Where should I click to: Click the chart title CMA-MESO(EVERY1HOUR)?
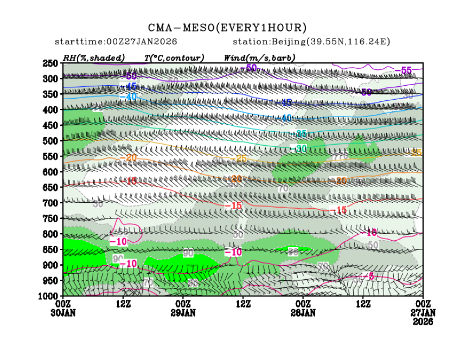227,28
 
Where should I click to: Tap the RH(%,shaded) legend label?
94,57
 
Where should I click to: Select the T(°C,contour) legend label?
174,57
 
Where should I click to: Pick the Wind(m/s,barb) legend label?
259,57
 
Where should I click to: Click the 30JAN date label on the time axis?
63,313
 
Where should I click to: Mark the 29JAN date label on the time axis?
183,313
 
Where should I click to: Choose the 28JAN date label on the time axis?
303,313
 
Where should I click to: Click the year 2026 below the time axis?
423,322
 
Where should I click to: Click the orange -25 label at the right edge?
416,152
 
